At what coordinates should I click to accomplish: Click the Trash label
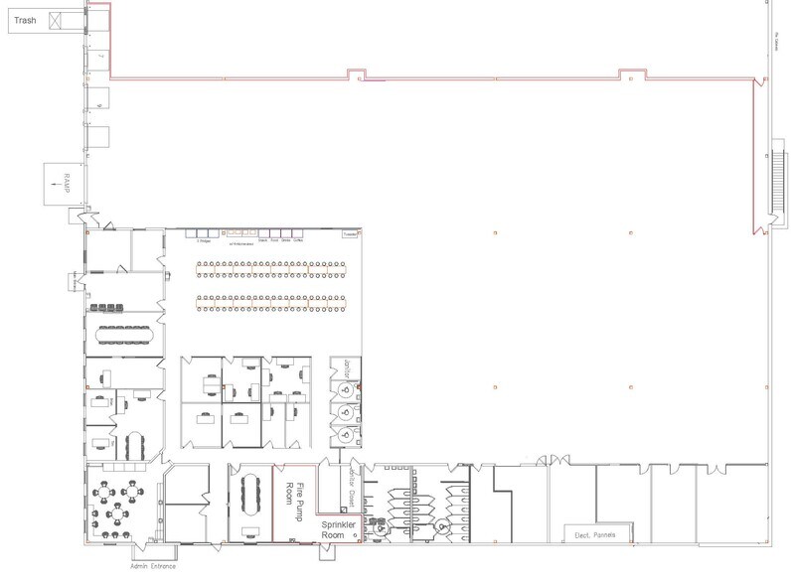[24, 20]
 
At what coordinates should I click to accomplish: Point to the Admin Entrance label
[152, 566]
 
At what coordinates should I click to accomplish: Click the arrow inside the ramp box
[57, 171]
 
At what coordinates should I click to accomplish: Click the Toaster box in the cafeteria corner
[350, 234]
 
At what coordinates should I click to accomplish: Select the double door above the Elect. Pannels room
[542, 460]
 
